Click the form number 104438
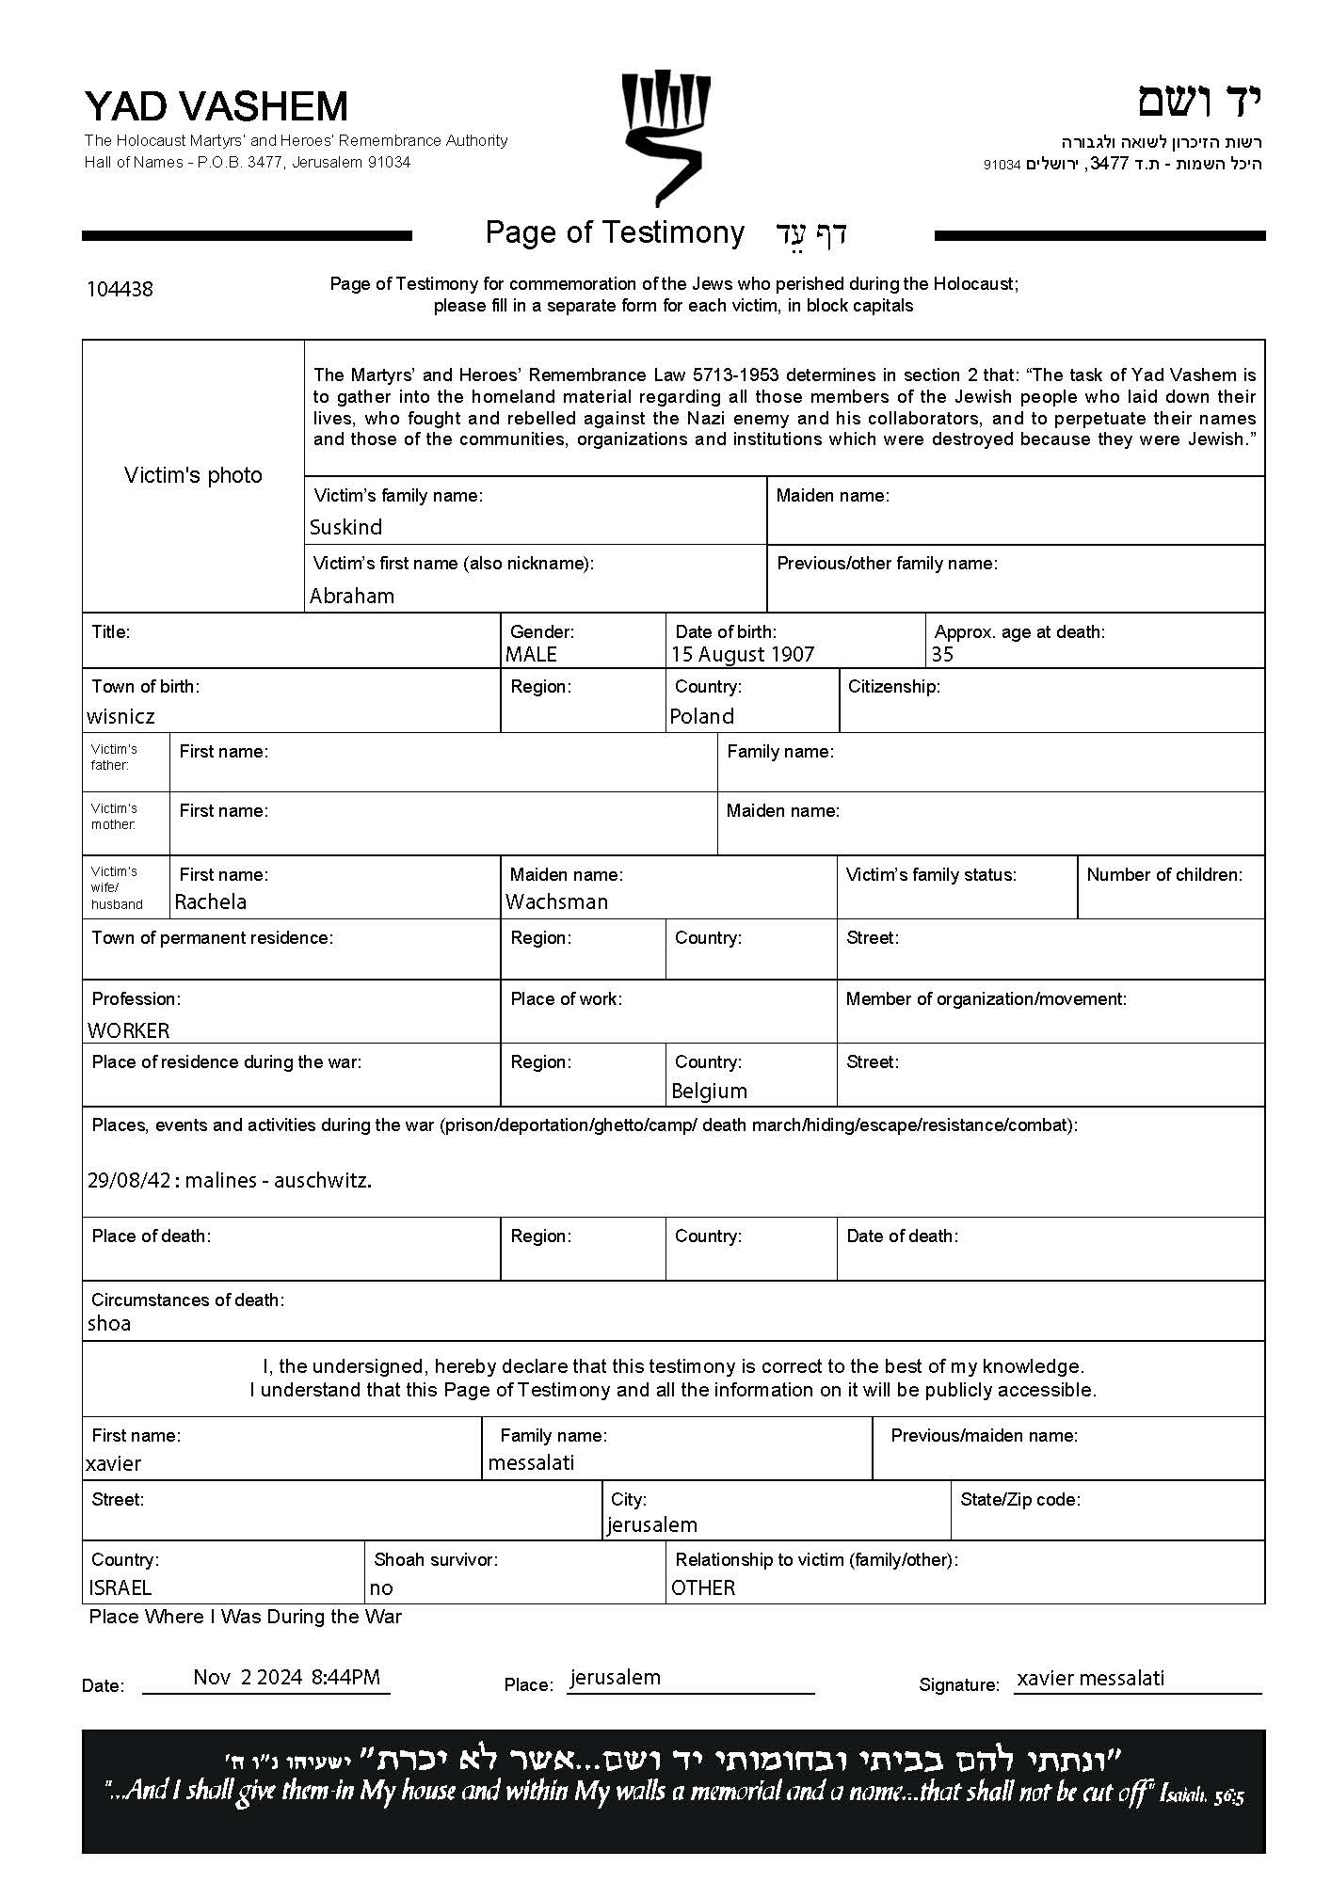pyautogui.click(x=120, y=289)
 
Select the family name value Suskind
pyautogui.click(x=345, y=527)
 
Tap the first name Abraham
pyautogui.click(x=352, y=596)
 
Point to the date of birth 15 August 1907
pyautogui.click(x=743, y=655)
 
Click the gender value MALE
pyautogui.click(x=531, y=655)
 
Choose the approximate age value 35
pyautogui.click(x=942, y=655)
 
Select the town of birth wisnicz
pyautogui.click(x=120, y=716)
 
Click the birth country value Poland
pyautogui.click(x=701, y=716)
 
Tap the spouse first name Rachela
pyautogui.click(x=211, y=901)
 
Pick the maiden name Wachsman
pyautogui.click(x=556, y=901)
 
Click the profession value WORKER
pyautogui.click(x=129, y=1030)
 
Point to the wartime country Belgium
pyautogui.click(x=709, y=1091)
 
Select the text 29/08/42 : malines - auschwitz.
pyautogui.click(x=229, y=1180)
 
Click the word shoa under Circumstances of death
pyautogui.click(x=109, y=1323)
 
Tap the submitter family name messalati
pyautogui.click(x=531, y=1462)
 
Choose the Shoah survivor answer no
pyautogui.click(x=381, y=1587)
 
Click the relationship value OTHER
pyautogui.click(x=703, y=1587)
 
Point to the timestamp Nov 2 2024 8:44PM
pyautogui.click(x=286, y=1676)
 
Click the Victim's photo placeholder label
pyautogui.click(x=193, y=475)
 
